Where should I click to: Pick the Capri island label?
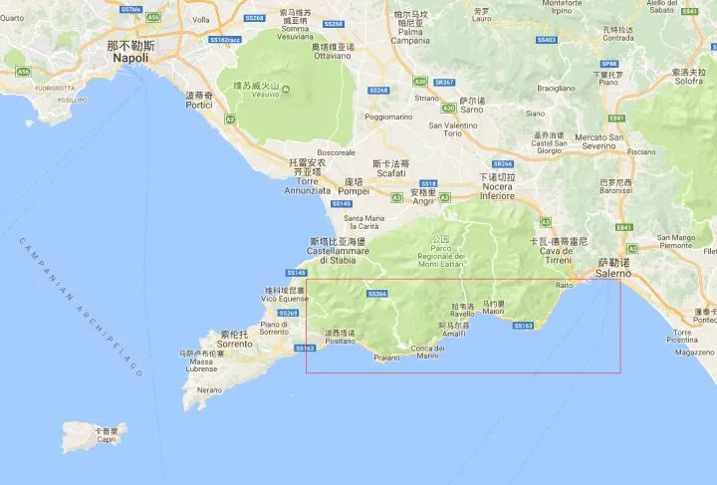tap(107, 435)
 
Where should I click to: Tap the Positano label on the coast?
tap(340, 337)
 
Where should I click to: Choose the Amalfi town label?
tap(454, 330)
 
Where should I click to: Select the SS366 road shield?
tap(376, 294)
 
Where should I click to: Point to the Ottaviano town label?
tap(333, 52)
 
